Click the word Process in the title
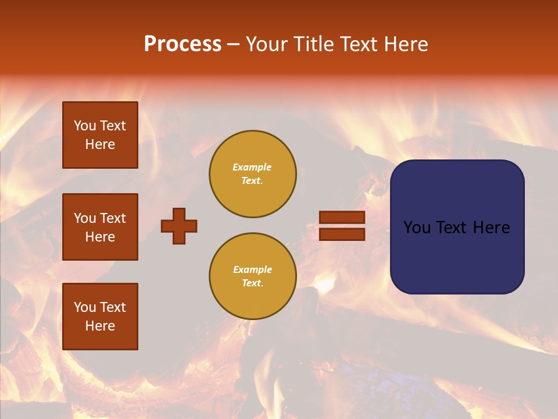[183, 44]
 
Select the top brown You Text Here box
[100, 135]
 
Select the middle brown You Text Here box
[100, 227]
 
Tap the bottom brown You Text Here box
[100, 316]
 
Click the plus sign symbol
[179, 226]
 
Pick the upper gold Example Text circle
[252, 173]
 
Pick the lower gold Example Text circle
[252, 276]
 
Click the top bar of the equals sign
[342, 218]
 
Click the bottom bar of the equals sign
[342, 235]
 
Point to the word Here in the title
[405, 44]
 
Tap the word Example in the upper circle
[252, 167]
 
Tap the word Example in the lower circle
[252, 269]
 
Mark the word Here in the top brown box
[100, 144]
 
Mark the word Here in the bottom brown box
[100, 326]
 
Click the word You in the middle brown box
[84, 218]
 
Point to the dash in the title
[233, 44]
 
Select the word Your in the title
[267, 44]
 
